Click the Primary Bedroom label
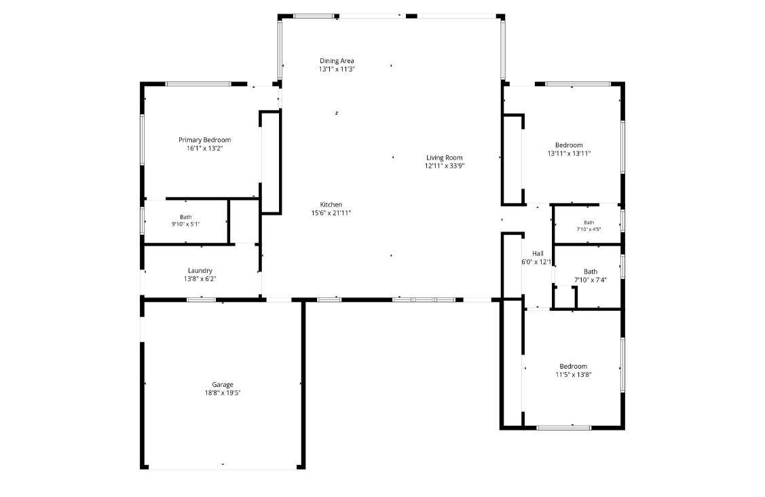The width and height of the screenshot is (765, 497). [x=204, y=140]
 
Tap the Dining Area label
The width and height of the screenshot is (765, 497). [x=337, y=61]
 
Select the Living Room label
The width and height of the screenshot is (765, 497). [x=444, y=158]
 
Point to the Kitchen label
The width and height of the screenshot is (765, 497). [x=331, y=204]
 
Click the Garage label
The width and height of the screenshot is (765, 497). [x=223, y=385]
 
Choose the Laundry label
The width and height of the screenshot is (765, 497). [x=200, y=271]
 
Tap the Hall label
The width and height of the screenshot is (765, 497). [x=538, y=253]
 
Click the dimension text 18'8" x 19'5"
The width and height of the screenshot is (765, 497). [x=223, y=392]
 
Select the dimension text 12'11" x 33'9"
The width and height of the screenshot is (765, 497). [x=444, y=166]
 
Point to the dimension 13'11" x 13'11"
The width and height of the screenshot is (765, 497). [x=569, y=153]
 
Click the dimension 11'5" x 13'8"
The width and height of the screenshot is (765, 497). [x=574, y=375]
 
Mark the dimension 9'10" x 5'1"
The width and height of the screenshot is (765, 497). [x=185, y=224]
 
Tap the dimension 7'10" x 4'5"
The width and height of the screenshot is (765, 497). [x=589, y=229]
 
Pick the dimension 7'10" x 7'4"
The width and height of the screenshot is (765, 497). [x=591, y=280]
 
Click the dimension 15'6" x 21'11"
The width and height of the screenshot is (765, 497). [x=331, y=213]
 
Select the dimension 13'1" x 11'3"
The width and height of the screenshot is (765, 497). [x=337, y=69]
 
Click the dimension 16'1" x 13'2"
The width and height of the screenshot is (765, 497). [x=204, y=148]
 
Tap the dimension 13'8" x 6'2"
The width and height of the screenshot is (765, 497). [x=200, y=279]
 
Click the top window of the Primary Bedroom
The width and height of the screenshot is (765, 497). [x=199, y=84]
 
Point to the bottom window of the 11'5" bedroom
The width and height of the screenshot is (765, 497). [x=563, y=428]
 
